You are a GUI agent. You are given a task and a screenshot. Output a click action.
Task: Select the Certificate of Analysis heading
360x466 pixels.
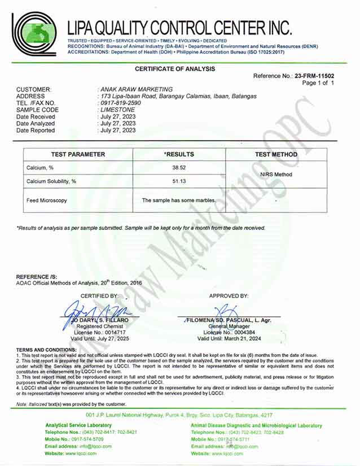(x=175, y=69)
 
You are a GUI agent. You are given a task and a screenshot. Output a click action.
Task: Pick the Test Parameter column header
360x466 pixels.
(x=78, y=154)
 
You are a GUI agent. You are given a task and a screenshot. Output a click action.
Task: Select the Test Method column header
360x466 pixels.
(x=276, y=154)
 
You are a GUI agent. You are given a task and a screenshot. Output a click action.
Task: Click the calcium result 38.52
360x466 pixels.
(x=179, y=168)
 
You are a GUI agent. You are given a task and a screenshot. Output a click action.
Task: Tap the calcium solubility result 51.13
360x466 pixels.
(x=179, y=181)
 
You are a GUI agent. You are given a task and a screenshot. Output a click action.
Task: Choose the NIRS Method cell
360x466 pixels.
(x=276, y=175)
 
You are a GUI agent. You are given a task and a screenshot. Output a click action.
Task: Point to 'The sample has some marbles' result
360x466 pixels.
(x=179, y=201)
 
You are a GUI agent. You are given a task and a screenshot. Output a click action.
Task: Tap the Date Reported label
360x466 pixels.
(x=36, y=130)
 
